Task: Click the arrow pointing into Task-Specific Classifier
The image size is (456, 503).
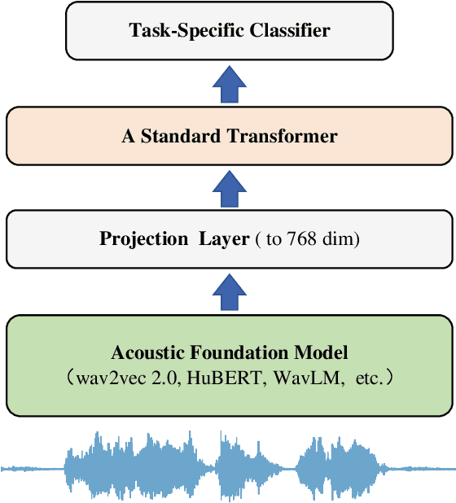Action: [227, 84]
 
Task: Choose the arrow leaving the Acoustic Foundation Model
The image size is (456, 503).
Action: [227, 291]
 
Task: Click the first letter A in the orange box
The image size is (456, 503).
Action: [128, 136]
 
